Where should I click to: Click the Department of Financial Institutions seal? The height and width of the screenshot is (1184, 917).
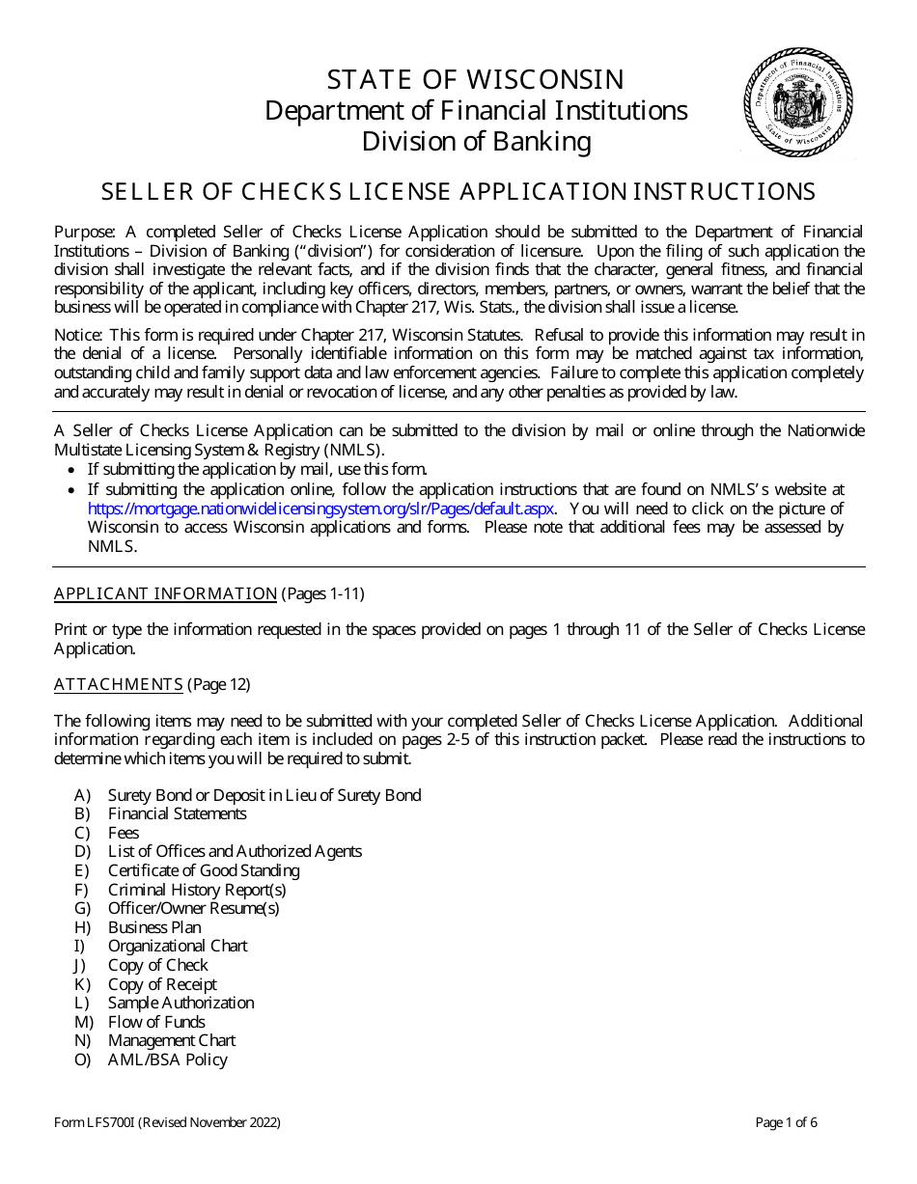(x=800, y=102)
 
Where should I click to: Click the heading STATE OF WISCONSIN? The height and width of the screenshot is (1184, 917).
(x=476, y=79)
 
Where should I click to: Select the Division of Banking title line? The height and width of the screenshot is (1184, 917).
(x=476, y=142)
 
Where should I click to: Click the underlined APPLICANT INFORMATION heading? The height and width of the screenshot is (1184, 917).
(x=165, y=593)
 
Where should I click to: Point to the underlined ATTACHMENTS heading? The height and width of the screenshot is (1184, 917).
(x=118, y=684)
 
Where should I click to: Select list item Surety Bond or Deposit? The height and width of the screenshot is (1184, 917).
(x=264, y=795)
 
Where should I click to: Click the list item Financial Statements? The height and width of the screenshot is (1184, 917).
(x=177, y=813)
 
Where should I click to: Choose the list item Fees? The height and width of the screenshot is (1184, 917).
(x=124, y=833)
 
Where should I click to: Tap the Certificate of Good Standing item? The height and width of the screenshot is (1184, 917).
(x=204, y=870)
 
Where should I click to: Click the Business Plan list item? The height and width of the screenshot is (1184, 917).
(x=154, y=927)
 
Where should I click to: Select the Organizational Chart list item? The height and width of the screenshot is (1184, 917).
(x=178, y=946)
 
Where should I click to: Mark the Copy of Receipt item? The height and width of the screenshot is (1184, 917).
(x=162, y=984)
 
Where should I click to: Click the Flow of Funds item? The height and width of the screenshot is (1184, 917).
(x=156, y=1022)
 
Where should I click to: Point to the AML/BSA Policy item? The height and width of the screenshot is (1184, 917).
(x=167, y=1060)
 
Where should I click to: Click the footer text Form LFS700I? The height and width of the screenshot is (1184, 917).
(x=167, y=1122)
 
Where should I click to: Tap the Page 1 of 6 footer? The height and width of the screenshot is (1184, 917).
(x=786, y=1122)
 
